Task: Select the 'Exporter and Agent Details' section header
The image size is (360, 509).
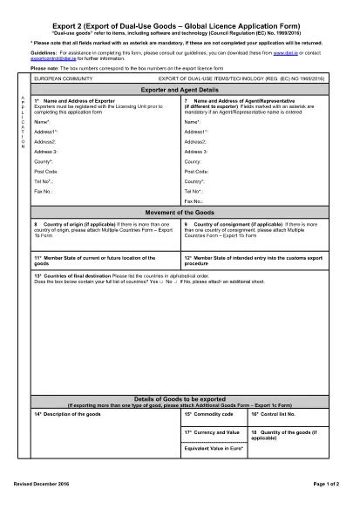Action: pyautogui.click(x=179, y=90)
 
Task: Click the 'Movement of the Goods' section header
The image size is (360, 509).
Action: pyautogui.click(x=179, y=212)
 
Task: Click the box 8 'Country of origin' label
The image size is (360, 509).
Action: pyautogui.click(x=70, y=225)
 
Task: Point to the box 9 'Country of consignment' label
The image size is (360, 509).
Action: pyautogui.click(x=227, y=225)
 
